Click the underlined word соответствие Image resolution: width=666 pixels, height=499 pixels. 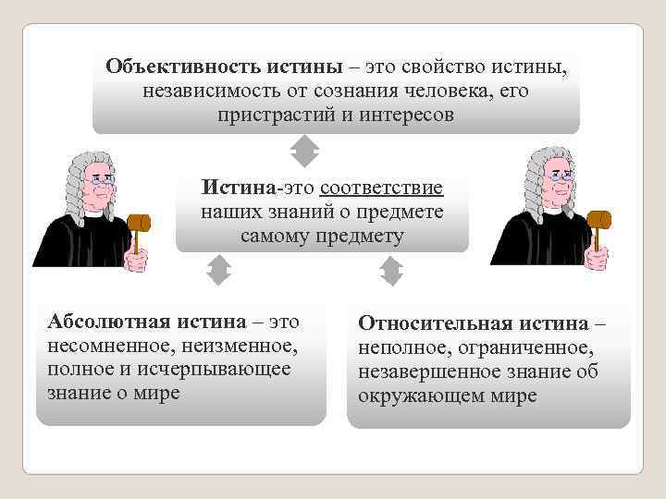coord(381,189)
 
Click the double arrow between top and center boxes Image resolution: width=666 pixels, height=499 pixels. coord(304,151)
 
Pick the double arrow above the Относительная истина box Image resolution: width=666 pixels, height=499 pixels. coord(392,271)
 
